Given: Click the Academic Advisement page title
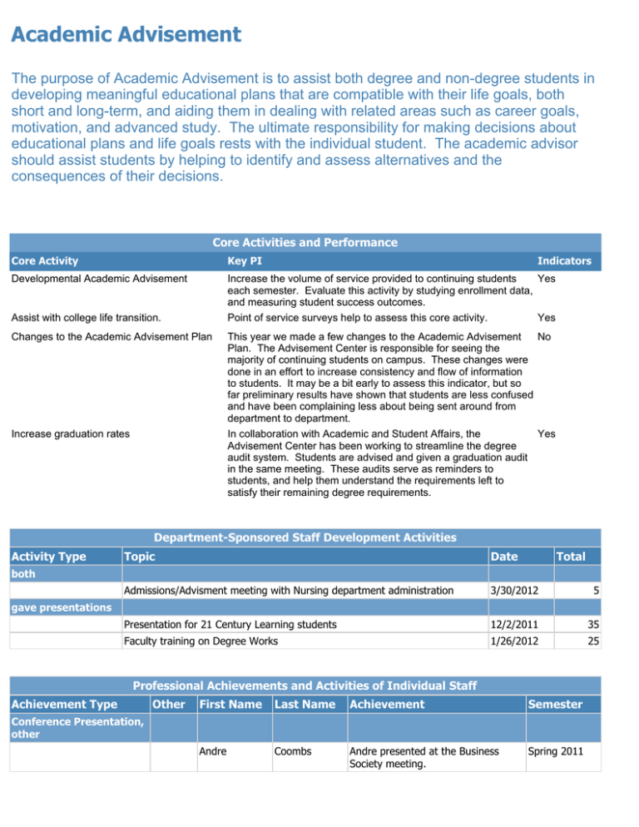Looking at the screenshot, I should tap(126, 35).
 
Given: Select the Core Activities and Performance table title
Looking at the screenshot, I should tap(305, 243).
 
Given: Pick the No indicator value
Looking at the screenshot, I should tap(545, 339).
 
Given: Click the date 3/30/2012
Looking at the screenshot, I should tap(514, 591).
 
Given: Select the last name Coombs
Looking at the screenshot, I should tap(293, 750).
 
